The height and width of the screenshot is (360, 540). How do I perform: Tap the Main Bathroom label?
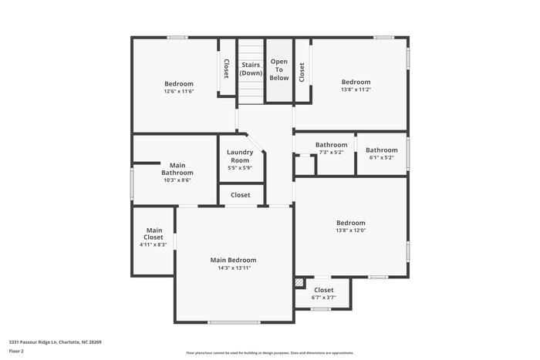177,168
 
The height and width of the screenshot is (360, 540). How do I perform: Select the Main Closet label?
154,234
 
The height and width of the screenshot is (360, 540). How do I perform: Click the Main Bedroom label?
233,260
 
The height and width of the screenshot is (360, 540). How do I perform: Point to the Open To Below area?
279,69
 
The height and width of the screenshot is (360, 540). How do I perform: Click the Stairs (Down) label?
251,69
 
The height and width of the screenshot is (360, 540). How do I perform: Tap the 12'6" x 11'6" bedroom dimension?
178,92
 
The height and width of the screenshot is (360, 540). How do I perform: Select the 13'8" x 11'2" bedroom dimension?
356,90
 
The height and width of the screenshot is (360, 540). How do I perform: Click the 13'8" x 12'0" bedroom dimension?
350,230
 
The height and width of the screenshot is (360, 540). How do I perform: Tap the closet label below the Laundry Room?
241,195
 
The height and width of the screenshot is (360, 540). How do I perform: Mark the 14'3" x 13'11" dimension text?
233,268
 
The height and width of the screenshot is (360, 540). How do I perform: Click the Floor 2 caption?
17,352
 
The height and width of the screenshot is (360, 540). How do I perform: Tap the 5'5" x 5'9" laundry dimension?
240,168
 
